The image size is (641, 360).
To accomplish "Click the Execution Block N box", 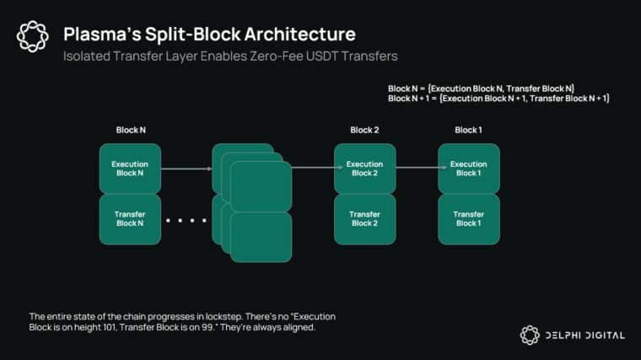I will (x=130, y=168).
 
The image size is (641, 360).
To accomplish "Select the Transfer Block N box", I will (x=130, y=218).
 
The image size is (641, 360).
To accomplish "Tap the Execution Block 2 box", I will (x=364, y=168).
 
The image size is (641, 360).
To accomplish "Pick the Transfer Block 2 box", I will (x=364, y=218).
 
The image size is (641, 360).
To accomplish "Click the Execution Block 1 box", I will (x=468, y=168).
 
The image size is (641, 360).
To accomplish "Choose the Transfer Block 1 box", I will (x=468, y=218).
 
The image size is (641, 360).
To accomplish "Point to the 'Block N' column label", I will (x=130, y=130).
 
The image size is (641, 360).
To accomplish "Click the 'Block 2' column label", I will (x=364, y=130).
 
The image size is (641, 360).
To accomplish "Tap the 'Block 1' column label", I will (x=468, y=130).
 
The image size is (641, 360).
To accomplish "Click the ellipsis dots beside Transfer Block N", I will (x=186, y=221).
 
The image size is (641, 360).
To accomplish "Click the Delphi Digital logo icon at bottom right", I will (x=530, y=335).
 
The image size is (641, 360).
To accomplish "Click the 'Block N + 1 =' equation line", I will (x=498, y=99).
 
